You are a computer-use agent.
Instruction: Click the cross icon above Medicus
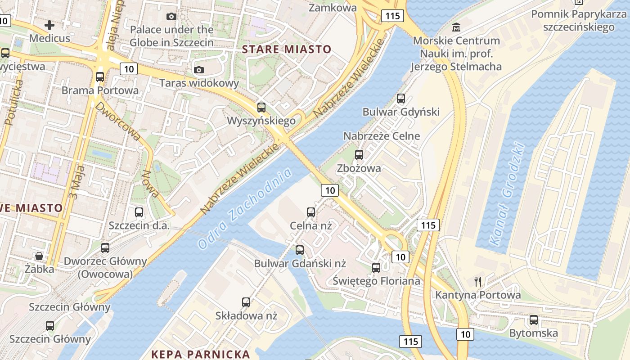pyautogui.click(x=49, y=25)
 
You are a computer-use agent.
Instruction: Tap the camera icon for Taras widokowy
pyautogui.click(x=198, y=70)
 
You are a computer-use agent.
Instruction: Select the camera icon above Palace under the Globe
pyautogui.click(x=171, y=17)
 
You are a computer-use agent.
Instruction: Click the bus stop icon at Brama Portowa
pyautogui.click(x=100, y=77)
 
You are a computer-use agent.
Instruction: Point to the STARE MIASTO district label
pyautogui.click(x=287, y=49)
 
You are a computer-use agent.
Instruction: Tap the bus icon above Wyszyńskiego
pyautogui.click(x=261, y=108)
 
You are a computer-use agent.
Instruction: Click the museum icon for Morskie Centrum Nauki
pyautogui.click(x=456, y=27)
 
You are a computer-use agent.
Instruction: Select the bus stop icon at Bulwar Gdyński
pyautogui.click(x=401, y=99)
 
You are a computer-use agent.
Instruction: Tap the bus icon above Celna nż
pyautogui.click(x=310, y=212)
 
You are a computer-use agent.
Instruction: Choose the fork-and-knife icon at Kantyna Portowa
pyautogui.click(x=478, y=282)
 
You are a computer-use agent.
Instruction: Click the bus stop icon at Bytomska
pyautogui.click(x=534, y=320)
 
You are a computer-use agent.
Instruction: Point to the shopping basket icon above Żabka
pyautogui.click(x=40, y=256)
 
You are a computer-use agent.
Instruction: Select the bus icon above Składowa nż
pyautogui.click(x=246, y=302)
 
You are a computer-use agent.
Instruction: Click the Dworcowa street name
pyautogui.click(x=118, y=120)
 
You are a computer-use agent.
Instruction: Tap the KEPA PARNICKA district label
pyautogui.click(x=200, y=354)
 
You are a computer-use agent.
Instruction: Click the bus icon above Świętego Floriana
pyautogui.click(x=376, y=268)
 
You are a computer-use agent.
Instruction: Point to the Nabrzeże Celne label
pyautogui.click(x=382, y=136)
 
